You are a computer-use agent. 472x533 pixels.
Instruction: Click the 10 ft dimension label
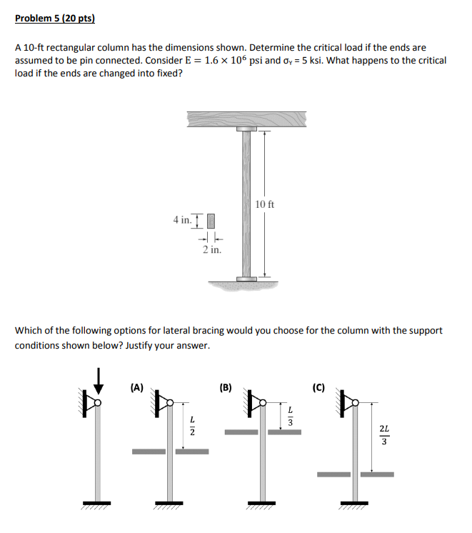(263, 205)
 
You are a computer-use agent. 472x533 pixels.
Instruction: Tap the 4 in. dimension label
(182, 219)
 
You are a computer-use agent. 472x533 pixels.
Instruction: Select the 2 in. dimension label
(211, 250)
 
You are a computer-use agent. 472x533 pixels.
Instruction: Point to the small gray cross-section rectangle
(211, 220)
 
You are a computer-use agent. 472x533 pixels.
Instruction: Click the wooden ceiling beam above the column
(246, 119)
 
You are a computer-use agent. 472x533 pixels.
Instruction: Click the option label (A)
(136, 388)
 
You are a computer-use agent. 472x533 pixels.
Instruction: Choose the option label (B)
(226, 388)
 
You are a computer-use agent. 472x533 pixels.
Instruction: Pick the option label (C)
(318, 388)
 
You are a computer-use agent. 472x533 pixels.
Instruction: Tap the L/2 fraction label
(191, 424)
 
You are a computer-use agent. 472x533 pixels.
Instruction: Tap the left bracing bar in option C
(333, 474)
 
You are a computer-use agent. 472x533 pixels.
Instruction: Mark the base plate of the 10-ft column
(246, 278)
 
